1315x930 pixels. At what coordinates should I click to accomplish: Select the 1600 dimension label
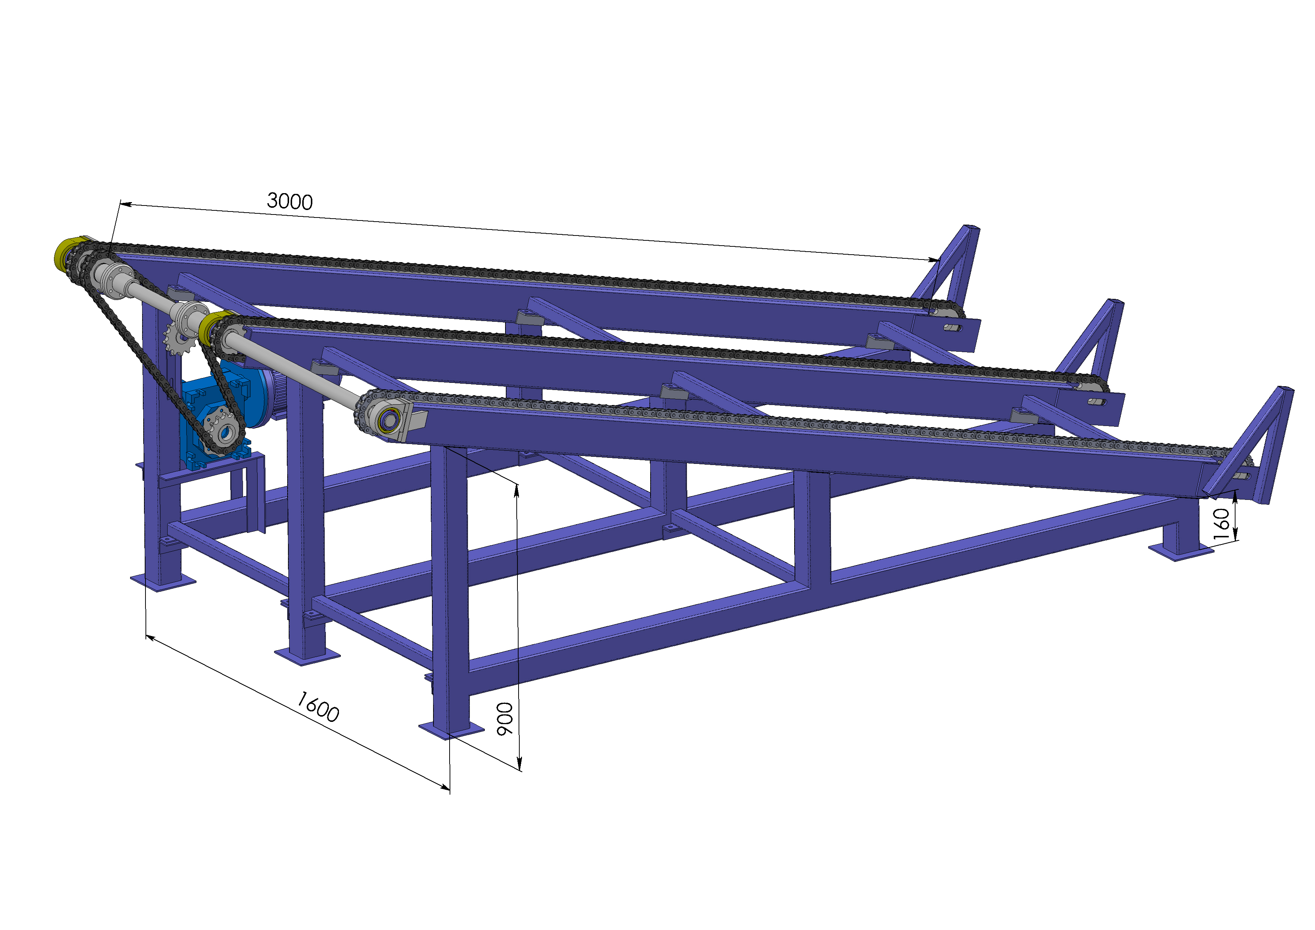318,706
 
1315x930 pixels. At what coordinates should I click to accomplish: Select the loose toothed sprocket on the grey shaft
179,339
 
